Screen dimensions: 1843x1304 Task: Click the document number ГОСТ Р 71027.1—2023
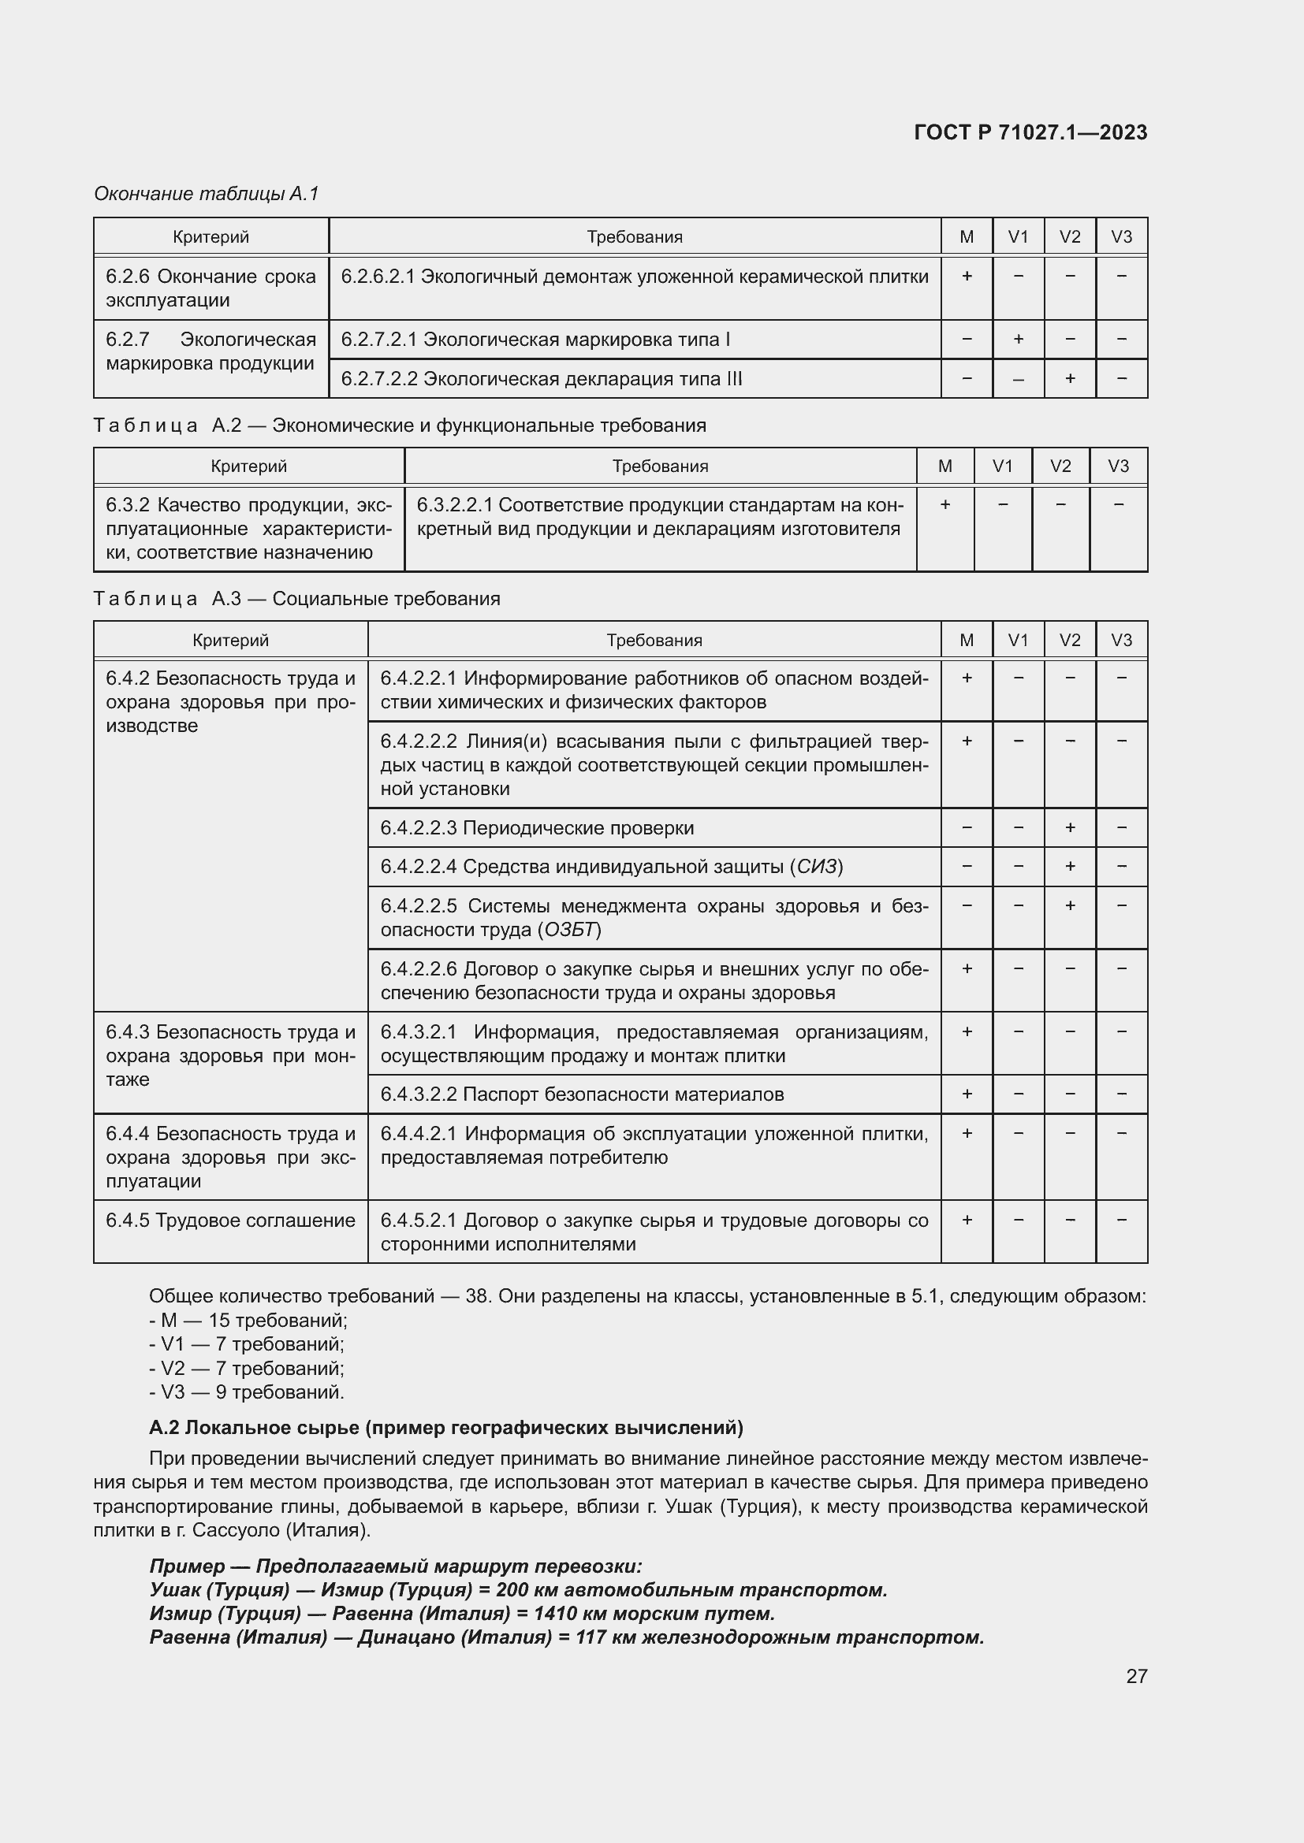pos(1030,132)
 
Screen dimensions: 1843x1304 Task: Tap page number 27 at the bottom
pos(1136,1675)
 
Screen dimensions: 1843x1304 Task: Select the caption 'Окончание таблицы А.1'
pos(207,194)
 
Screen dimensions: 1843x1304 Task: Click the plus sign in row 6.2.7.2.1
pos(1017,339)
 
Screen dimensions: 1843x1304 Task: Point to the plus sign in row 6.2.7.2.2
pos(1070,378)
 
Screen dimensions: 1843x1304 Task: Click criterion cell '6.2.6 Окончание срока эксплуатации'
pos(211,288)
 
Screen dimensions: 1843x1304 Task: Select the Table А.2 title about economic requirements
pos(400,425)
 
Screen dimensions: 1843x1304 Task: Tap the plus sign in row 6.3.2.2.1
pos(945,504)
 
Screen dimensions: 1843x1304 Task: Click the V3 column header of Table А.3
pos(1121,640)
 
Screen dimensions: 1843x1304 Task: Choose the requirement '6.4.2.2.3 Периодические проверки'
pos(537,827)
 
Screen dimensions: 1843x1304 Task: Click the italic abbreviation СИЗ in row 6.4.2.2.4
pos(817,867)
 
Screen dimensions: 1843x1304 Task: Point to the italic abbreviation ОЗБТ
pos(571,930)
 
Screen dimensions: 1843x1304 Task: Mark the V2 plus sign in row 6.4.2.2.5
pos(1070,905)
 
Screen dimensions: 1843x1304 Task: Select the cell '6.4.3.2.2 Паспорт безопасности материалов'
pos(581,1094)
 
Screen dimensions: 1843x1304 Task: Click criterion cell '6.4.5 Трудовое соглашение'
pos(230,1220)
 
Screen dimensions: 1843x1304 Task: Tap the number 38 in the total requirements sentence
pos(476,1296)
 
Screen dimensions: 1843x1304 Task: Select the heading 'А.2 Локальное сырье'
pos(445,1427)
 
